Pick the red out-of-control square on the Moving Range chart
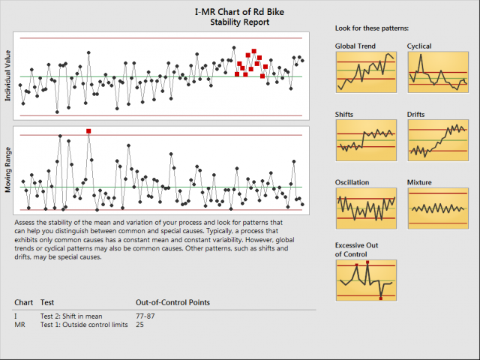88,131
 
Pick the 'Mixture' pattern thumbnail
437,208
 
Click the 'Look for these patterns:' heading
372,28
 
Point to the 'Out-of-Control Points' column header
172,302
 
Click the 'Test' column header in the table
47,302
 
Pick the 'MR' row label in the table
19,325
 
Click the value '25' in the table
140,325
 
